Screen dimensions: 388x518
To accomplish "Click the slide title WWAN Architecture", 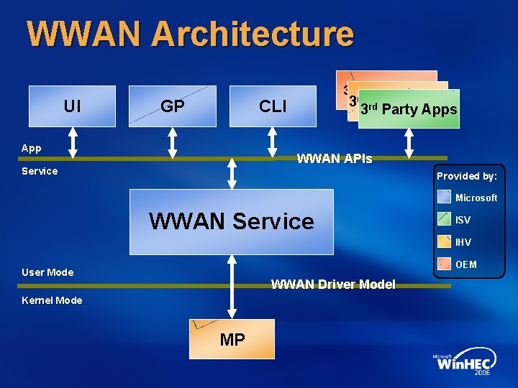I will [190, 34].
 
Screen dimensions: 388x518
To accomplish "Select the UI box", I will [72, 106].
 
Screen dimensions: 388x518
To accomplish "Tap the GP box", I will [173, 106].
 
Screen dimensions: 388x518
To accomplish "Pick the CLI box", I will [273, 106].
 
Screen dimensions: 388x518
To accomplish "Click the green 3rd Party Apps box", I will [409, 109].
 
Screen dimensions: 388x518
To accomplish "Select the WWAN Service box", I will [232, 221].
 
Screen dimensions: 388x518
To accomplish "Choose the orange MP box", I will [232, 339].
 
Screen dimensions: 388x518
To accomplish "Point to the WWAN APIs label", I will [335, 159].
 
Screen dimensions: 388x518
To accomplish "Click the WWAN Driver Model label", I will [332, 285].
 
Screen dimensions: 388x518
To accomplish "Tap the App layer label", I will [32, 148].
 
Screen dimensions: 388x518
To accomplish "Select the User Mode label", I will [47, 272].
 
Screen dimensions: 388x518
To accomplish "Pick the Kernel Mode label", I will [52, 300].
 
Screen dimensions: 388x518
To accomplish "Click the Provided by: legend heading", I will [466, 176].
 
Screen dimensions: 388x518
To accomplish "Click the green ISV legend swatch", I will [445, 220].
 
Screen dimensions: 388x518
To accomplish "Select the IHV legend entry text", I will [464, 242].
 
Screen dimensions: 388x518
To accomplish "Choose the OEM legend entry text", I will [466, 264].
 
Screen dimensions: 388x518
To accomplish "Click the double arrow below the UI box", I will [72, 143].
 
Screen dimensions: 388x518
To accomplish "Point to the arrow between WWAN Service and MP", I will [232, 287].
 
